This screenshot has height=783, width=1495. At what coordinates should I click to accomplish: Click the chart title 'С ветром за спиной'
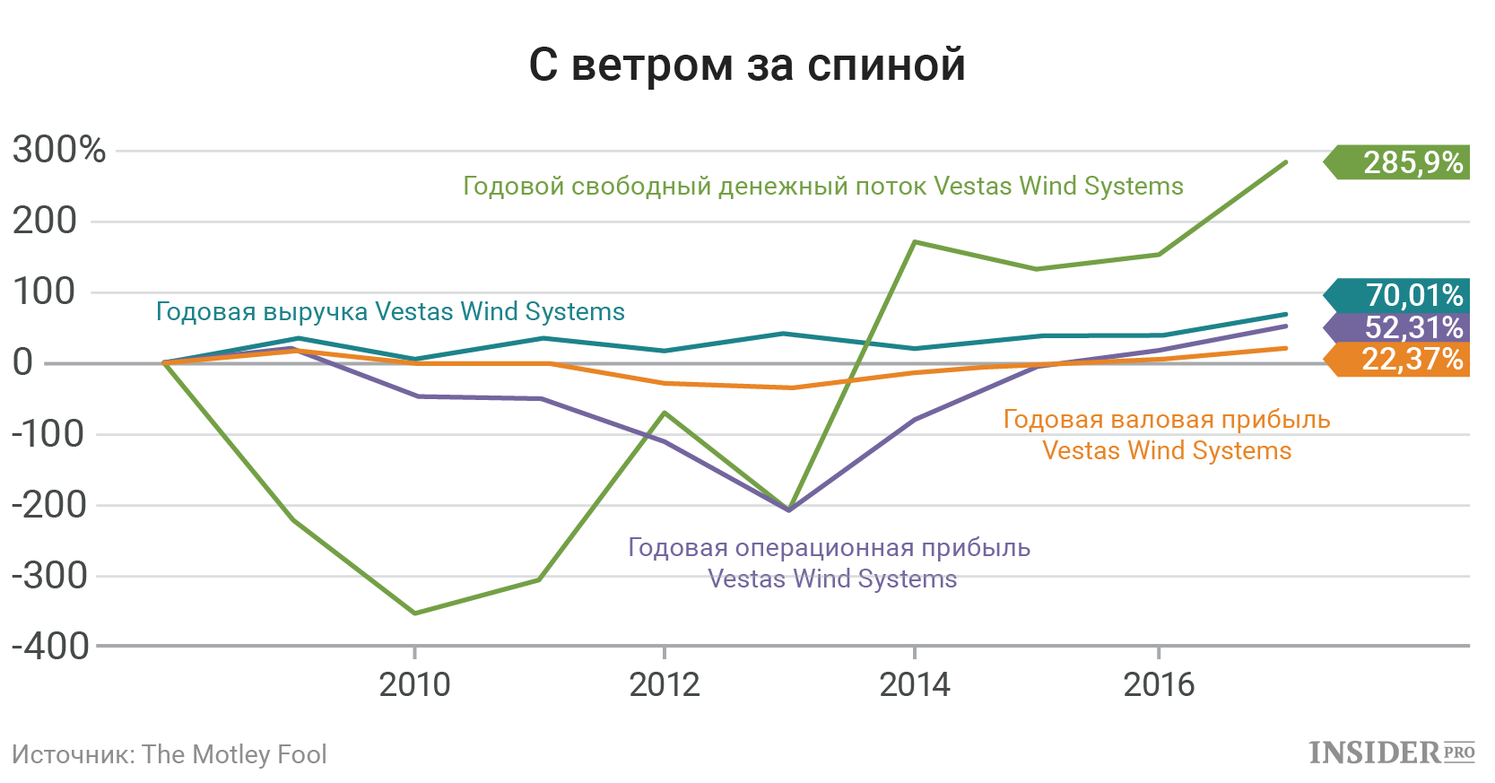747,65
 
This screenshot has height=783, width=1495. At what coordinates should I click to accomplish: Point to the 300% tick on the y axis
59,150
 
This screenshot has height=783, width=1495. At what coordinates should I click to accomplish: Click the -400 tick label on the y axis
50,646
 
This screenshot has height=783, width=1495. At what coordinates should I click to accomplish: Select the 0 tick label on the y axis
23,362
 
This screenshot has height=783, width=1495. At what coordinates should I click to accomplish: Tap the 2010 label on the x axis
414,685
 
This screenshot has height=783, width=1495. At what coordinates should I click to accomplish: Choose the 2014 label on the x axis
914,685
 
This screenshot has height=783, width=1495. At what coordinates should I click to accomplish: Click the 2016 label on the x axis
1159,685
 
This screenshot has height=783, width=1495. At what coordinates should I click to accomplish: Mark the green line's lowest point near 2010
414,613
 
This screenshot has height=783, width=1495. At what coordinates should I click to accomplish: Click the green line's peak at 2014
914,242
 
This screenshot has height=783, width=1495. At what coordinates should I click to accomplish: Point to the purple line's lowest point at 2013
789,509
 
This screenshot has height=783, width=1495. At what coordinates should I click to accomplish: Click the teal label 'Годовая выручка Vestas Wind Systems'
390,312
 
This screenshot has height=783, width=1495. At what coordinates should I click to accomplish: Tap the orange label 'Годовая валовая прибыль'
1166,420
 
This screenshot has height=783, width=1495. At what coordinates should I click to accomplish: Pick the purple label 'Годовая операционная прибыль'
829,548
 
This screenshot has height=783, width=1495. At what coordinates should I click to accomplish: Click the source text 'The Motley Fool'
234,754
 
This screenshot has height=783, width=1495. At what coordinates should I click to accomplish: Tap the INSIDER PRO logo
1391,753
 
